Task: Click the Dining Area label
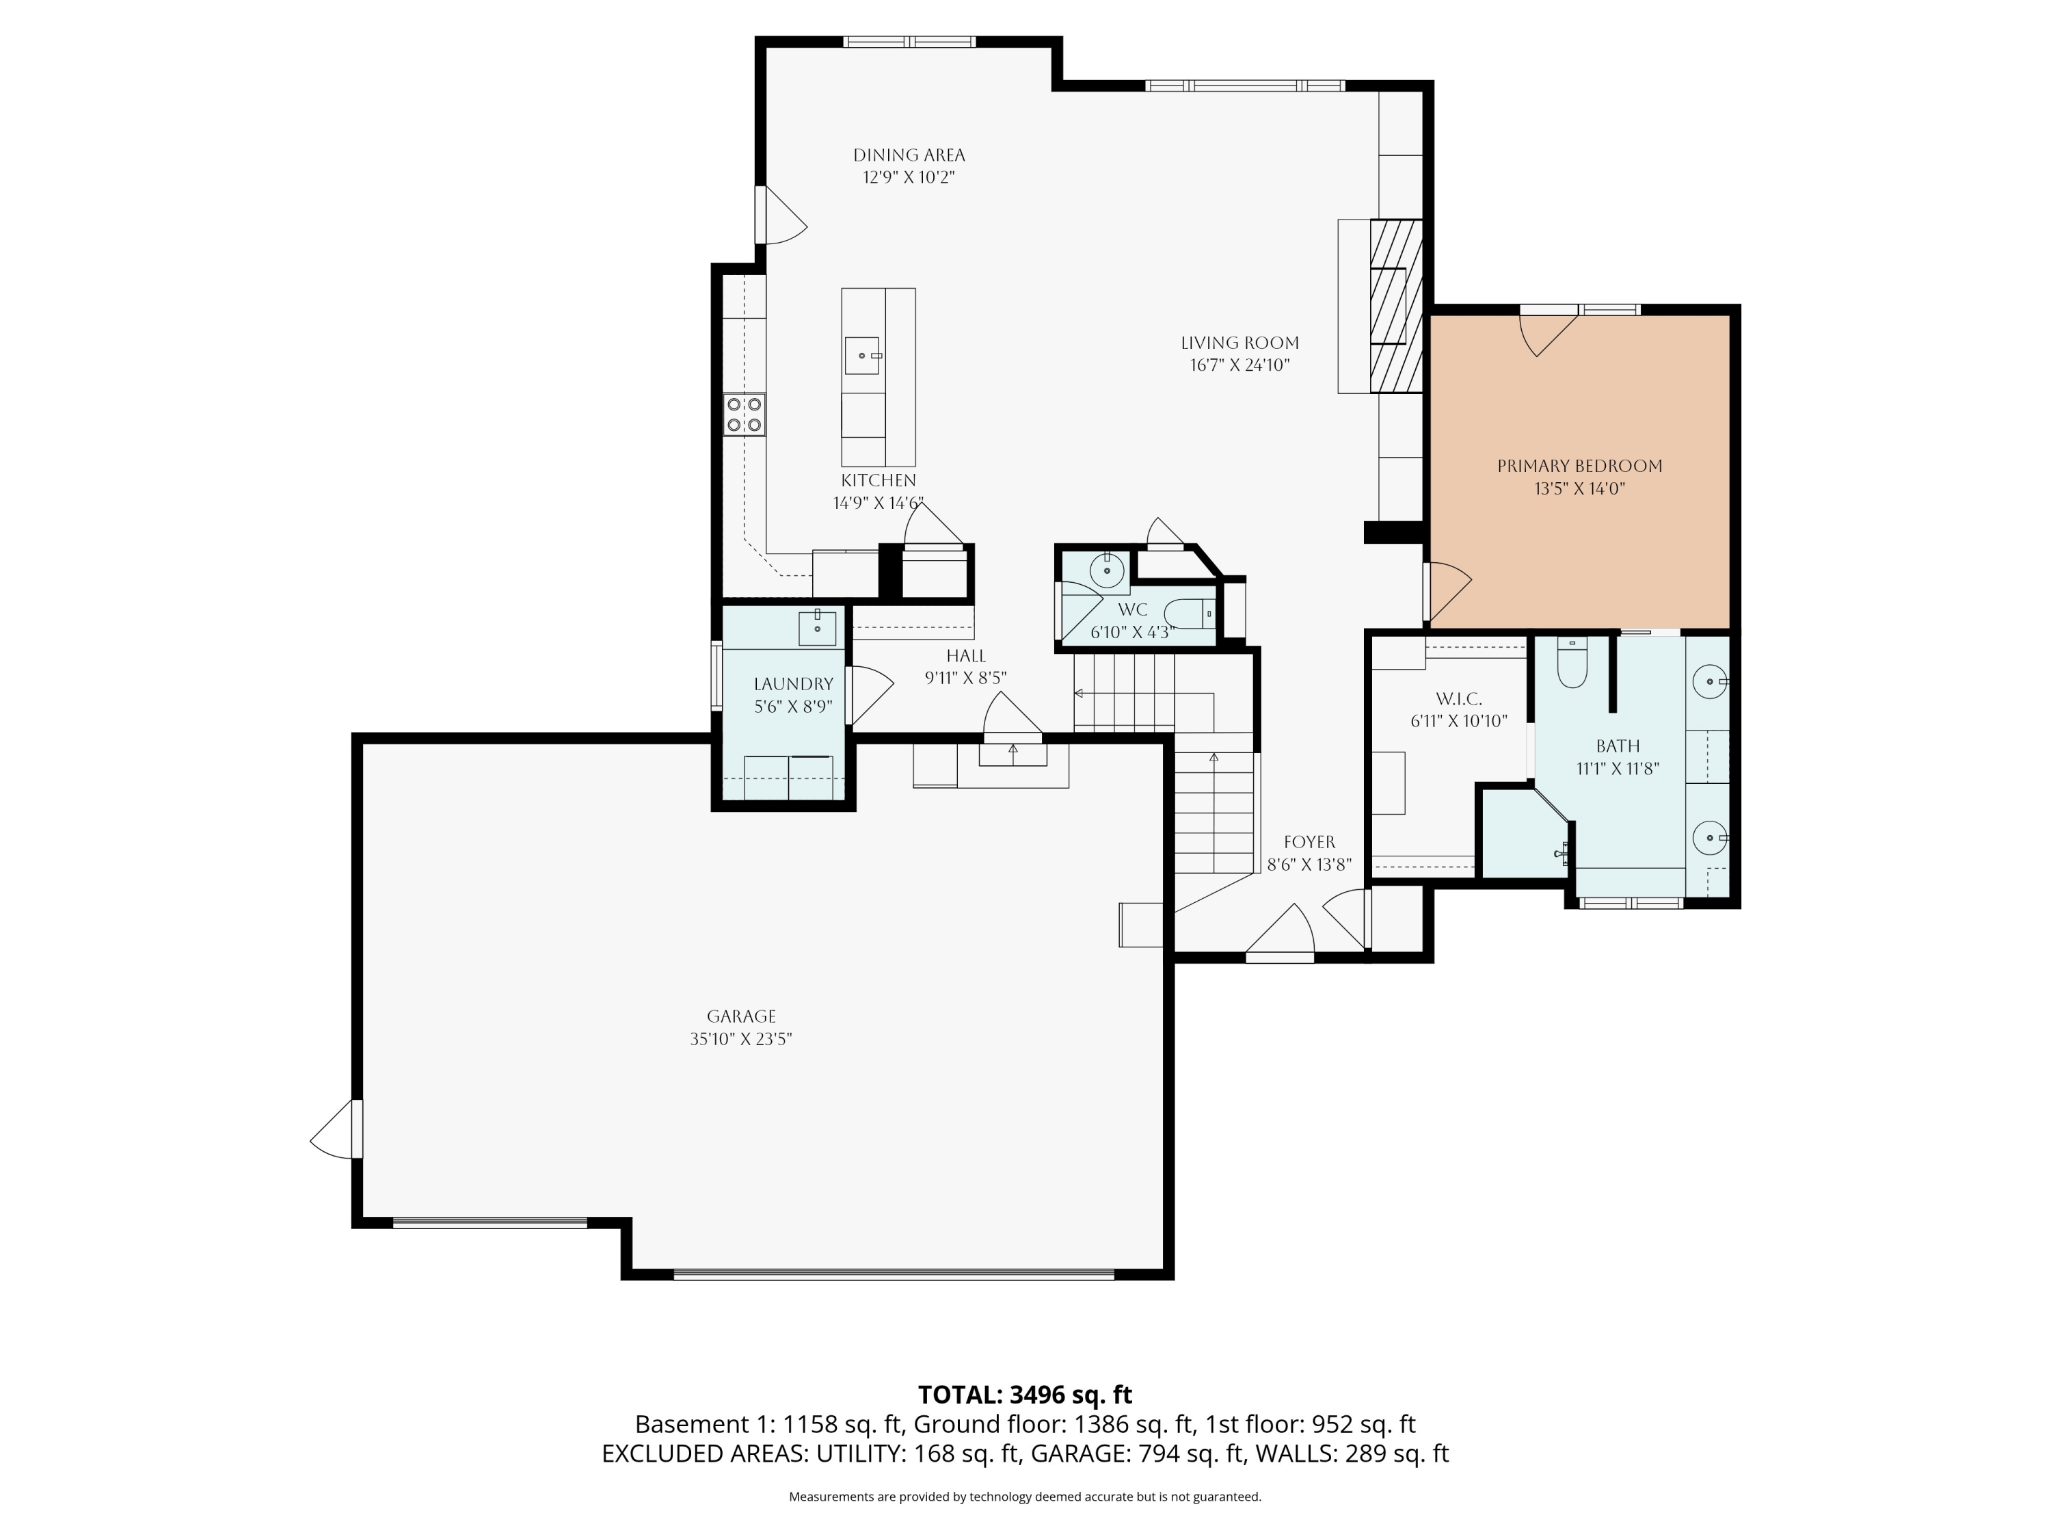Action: click(909, 155)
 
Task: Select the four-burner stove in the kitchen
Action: click(745, 415)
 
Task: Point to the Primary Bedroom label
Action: click(1579, 466)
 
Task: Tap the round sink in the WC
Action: click(1107, 570)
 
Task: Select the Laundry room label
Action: click(793, 684)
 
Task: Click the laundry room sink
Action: click(817, 628)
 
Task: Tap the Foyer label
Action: click(1309, 842)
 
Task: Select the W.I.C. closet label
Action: click(1458, 698)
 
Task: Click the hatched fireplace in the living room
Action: click(1395, 306)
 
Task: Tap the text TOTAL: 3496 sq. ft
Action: click(1025, 1394)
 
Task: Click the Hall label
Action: click(965, 656)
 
